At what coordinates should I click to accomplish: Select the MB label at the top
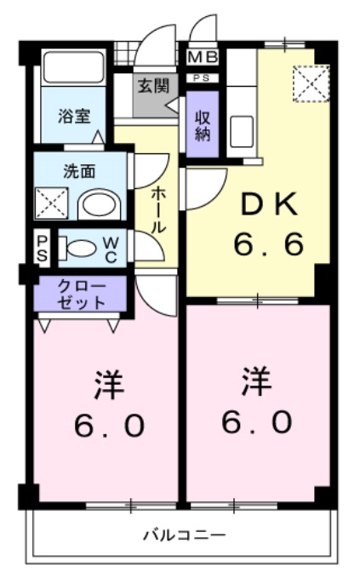(x=204, y=58)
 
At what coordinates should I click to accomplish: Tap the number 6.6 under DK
(x=269, y=245)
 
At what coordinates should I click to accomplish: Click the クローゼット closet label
(x=81, y=293)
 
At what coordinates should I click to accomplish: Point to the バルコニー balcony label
(x=184, y=535)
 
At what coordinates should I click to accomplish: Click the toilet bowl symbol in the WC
(x=82, y=249)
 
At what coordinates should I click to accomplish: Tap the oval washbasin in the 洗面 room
(x=100, y=204)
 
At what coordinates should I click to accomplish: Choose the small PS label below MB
(x=204, y=78)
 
